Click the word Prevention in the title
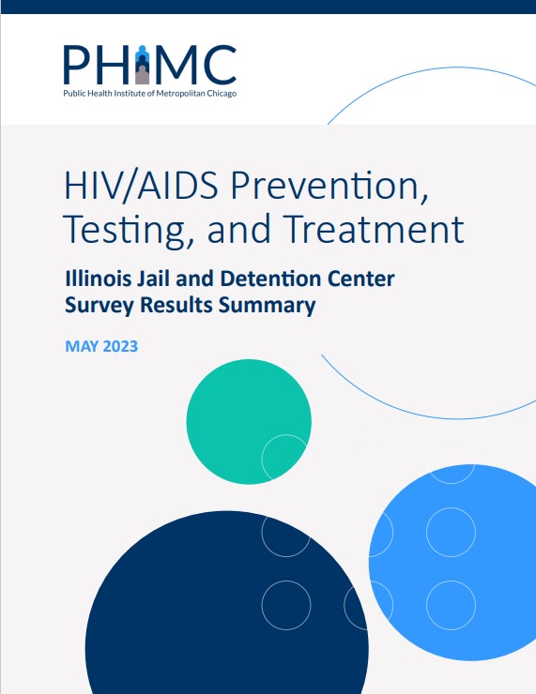(329, 186)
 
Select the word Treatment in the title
(373, 229)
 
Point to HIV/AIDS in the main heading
(142, 186)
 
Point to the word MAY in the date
(83, 346)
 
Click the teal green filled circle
(249, 421)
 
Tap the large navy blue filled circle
(227, 611)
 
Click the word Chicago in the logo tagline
(222, 94)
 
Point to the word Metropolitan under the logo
(181, 94)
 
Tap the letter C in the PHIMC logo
(220, 65)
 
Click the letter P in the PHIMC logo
(77, 65)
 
